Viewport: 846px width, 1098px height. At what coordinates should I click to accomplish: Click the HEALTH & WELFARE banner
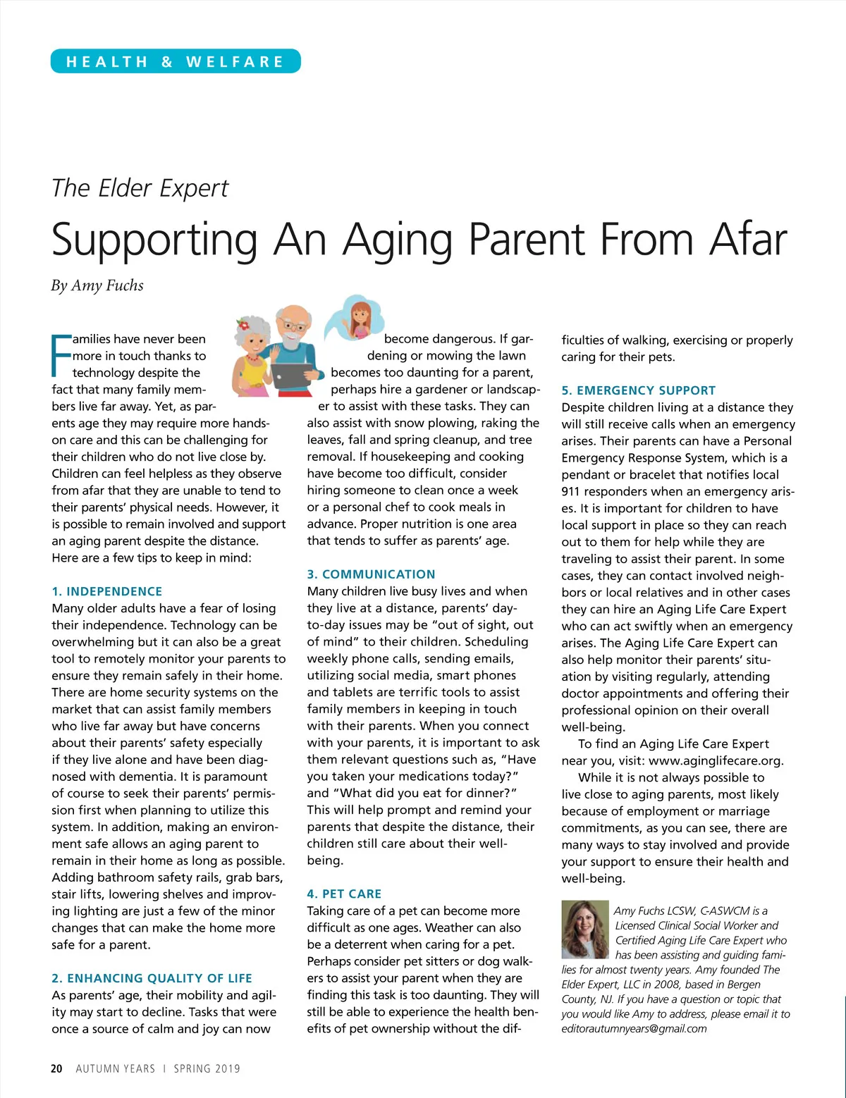click(x=176, y=61)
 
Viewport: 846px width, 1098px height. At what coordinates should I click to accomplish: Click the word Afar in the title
click(x=748, y=240)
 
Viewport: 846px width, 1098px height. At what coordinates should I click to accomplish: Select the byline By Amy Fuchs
click(x=97, y=285)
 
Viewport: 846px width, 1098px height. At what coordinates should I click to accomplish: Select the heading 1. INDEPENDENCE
click(x=107, y=591)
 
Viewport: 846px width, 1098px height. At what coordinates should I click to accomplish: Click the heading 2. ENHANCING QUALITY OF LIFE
click(x=152, y=978)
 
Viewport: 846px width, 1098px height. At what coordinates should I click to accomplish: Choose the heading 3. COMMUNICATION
click(x=371, y=574)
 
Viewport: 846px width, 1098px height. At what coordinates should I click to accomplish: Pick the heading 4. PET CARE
click(x=344, y=894)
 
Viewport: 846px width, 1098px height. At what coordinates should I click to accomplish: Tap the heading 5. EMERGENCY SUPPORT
click(x=638, y=390)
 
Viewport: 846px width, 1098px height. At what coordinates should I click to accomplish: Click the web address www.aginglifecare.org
click(x=715, y=760)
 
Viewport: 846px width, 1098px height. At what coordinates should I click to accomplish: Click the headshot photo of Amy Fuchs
click(x=584, y=929)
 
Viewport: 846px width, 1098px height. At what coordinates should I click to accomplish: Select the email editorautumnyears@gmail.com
click(x=634, y=1028)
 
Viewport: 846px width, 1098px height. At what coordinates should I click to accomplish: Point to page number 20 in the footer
click(x=56, y=1068)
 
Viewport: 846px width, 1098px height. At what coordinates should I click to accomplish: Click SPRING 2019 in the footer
click(x=207, y=1068)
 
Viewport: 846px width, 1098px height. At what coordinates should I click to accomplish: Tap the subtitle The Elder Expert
click(x=140, y=188)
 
